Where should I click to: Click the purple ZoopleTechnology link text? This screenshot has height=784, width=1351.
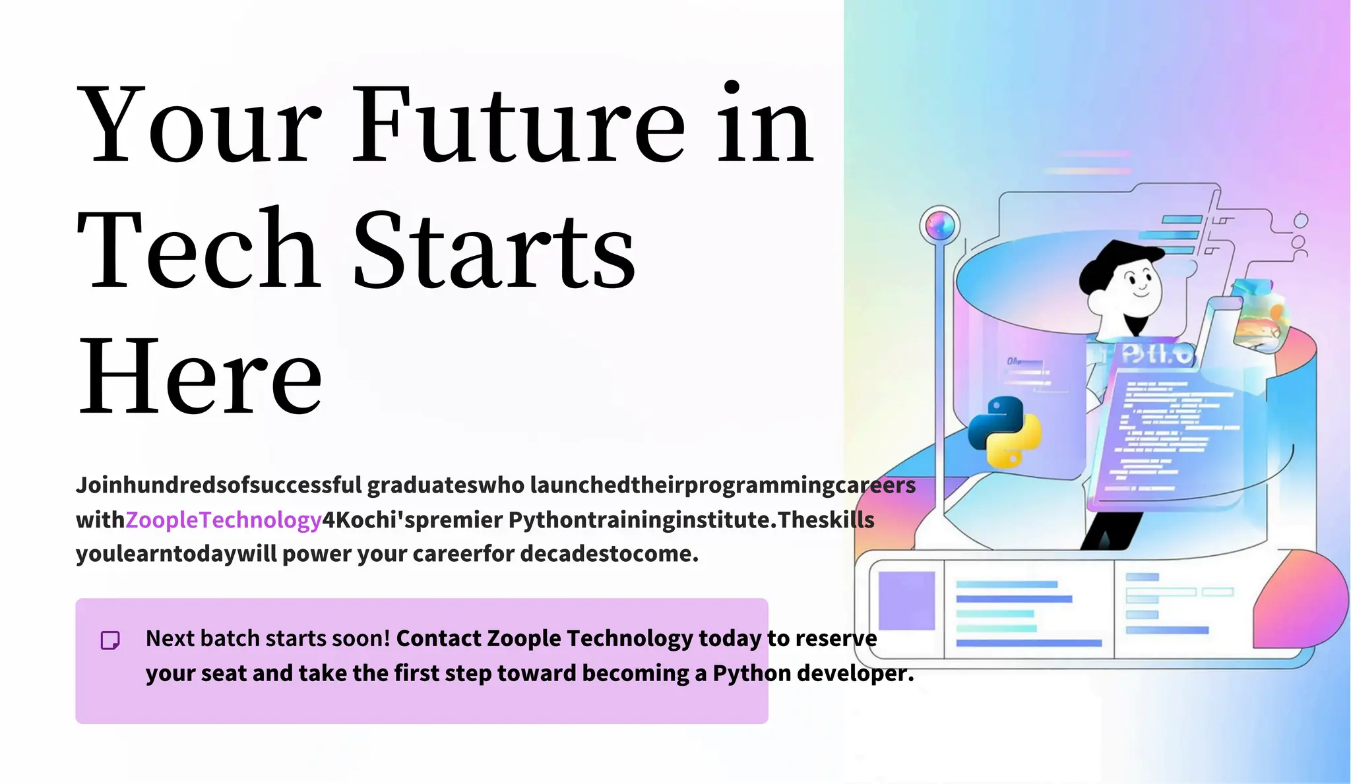pyautogui.click(x=223, y=520)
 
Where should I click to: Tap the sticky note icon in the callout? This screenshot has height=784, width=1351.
pyautogui.click(x=110, y=640)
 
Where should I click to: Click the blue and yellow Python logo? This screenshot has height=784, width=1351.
pyautogui.click(x=1005, y=432)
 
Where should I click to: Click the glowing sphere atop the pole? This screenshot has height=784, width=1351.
pyautogui.click(x=940, y=226)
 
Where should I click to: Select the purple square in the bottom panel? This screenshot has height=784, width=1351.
pyautogui.click(x=906, y=601)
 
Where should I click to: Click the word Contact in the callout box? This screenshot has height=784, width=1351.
pyautogui.click(x=439, y=638)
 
